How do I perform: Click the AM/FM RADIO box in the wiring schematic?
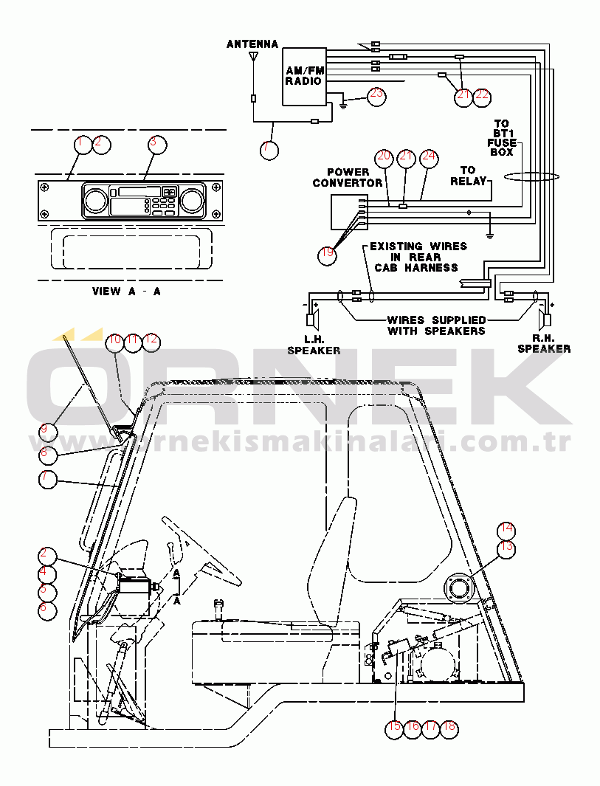point(304,77)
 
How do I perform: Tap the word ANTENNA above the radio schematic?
point(252,44)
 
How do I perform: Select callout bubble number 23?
point(376,96)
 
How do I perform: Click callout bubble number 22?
point(482,97)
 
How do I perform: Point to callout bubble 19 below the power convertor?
point(328,255)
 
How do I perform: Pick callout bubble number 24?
point(429,158)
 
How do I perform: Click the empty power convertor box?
point(349,212)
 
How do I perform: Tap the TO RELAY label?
point(468,176)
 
